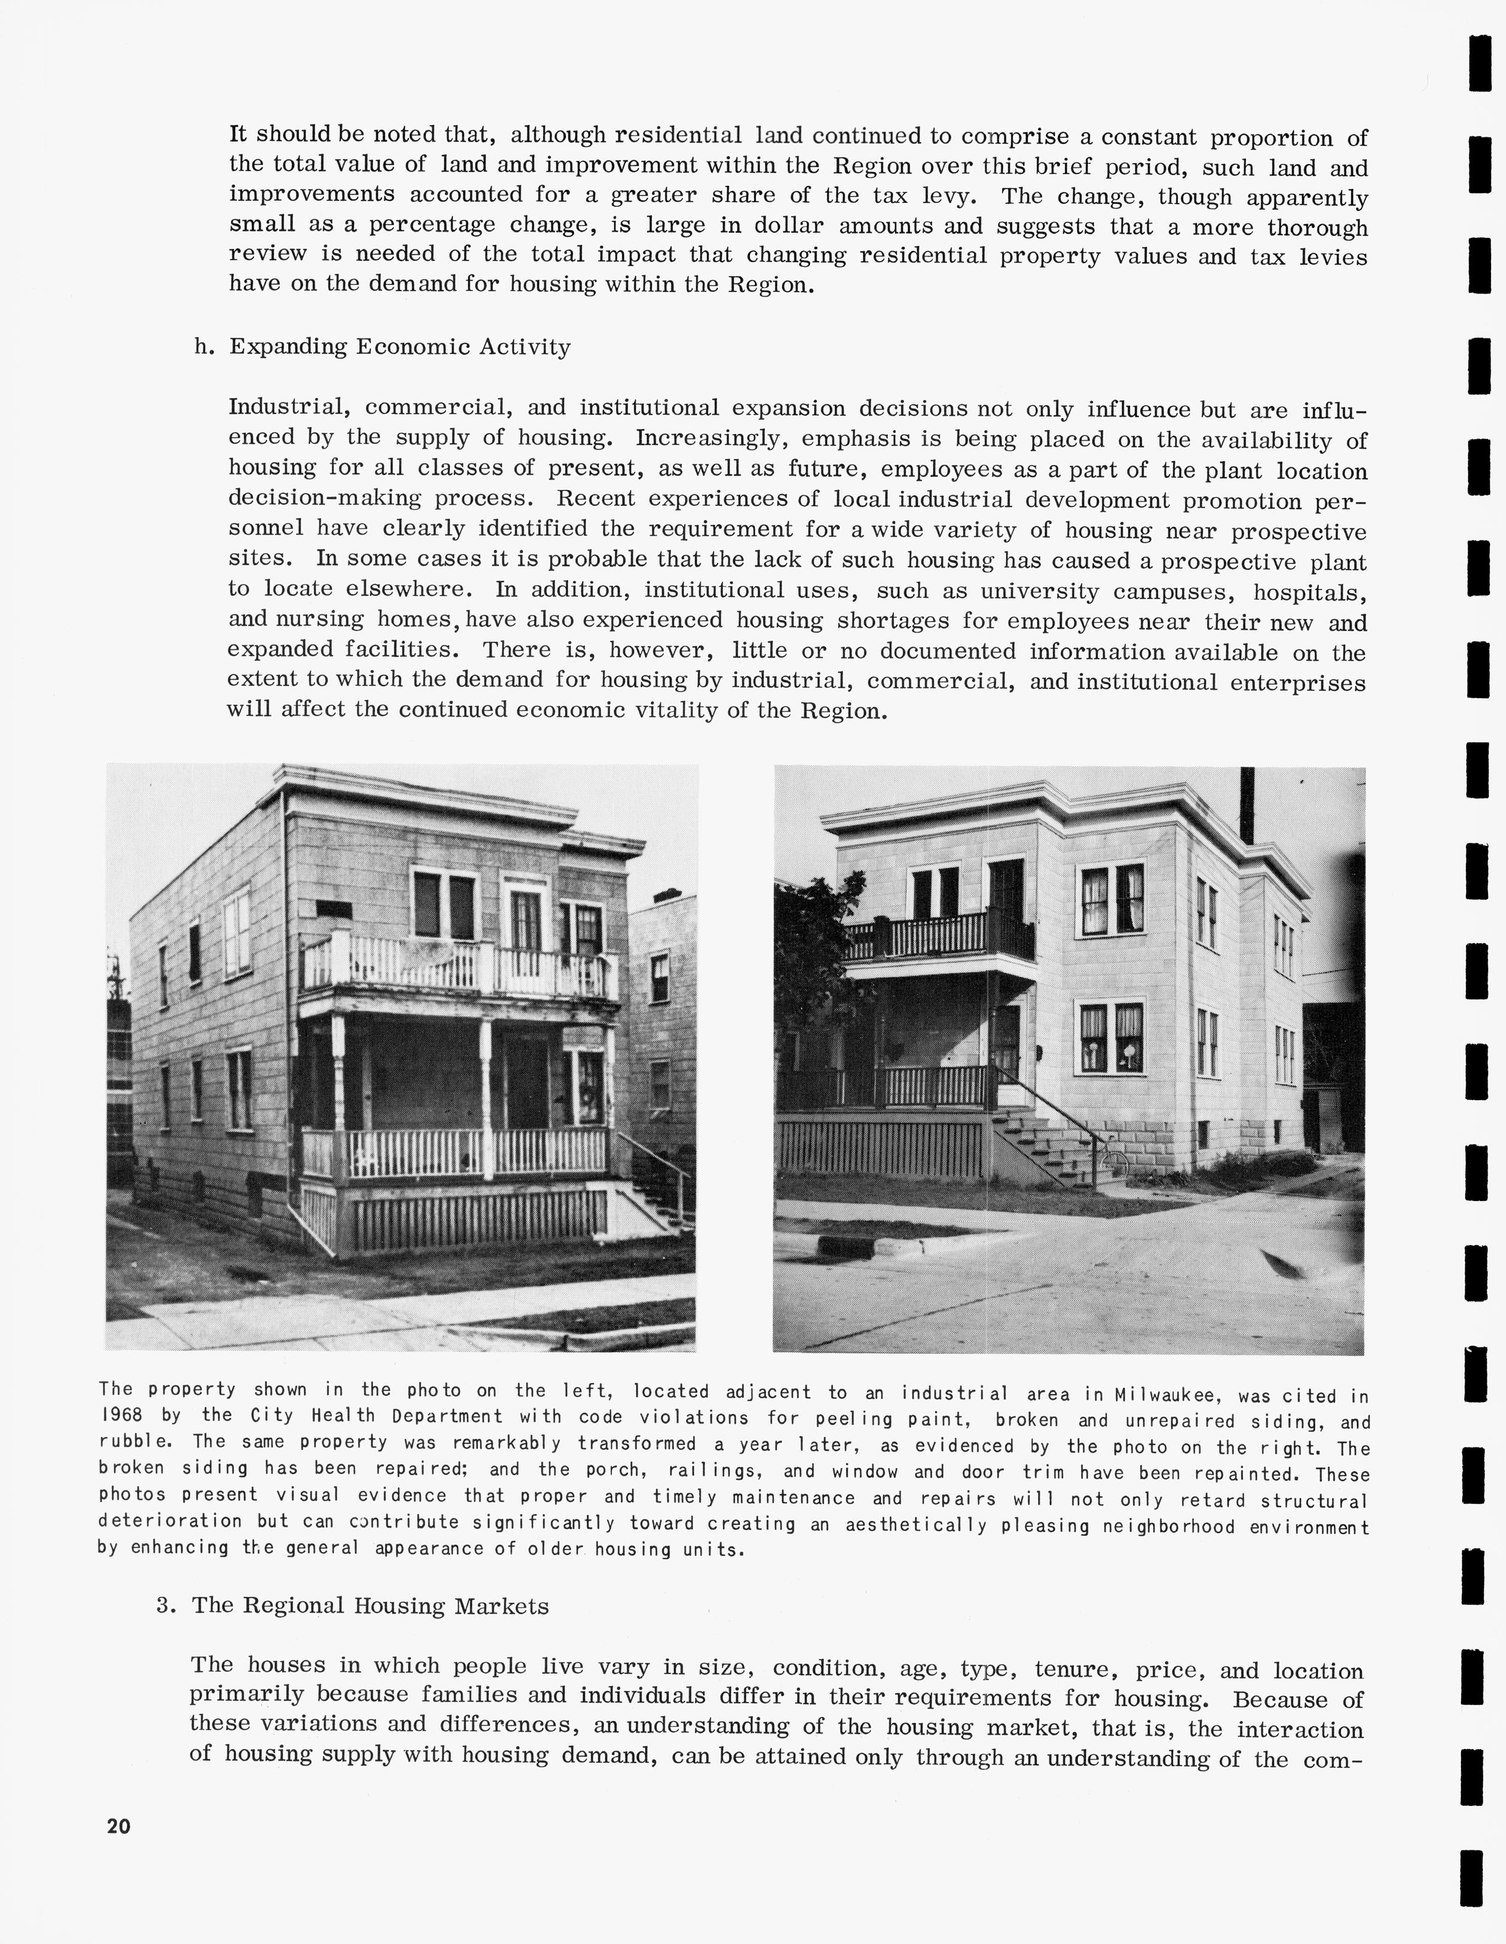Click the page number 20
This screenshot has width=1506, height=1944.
click(118, 1826)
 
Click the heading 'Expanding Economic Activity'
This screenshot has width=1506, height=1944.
click(400, 346)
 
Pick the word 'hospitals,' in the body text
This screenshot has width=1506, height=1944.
click(1309, 592)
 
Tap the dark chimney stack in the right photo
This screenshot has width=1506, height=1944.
click(1247, 805)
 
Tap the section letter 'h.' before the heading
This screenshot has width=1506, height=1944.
click(205, 346)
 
